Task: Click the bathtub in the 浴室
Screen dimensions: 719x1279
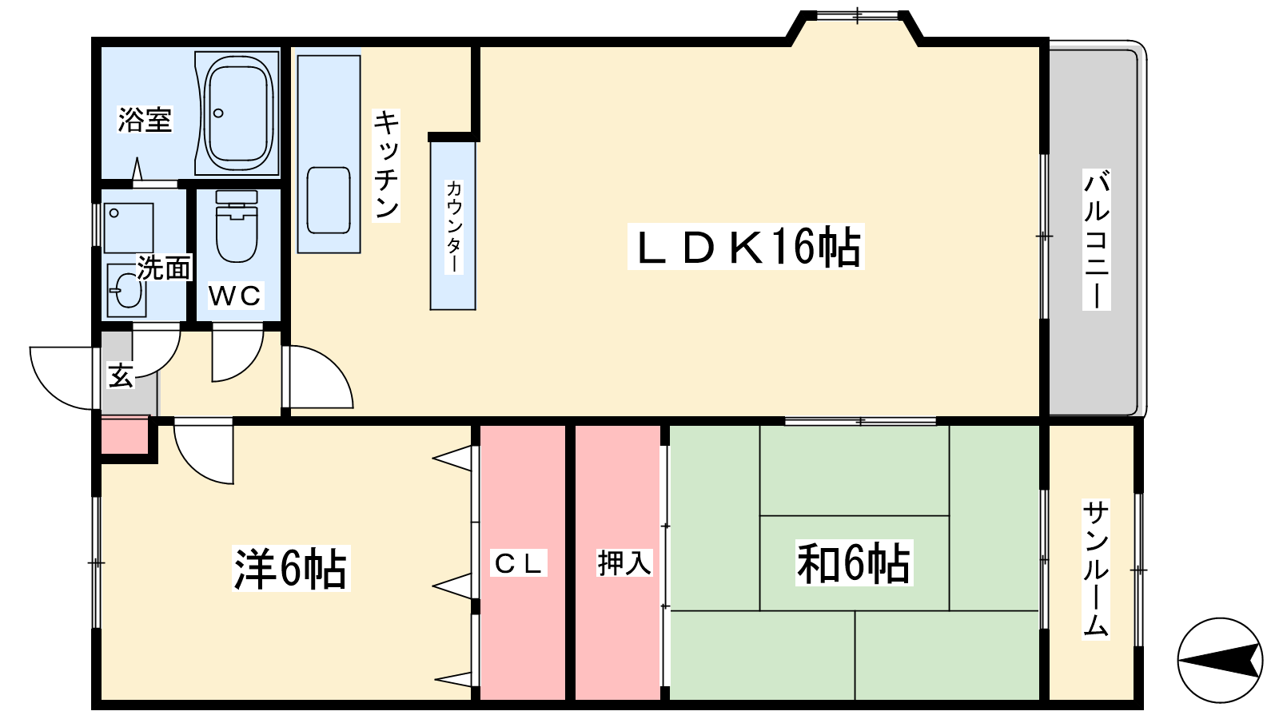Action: click(238, 112)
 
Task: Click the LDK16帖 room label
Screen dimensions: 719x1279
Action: click(747, 247)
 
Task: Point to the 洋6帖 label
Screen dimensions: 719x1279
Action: click(290, 569)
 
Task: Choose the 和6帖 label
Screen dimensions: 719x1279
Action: click(854, 563)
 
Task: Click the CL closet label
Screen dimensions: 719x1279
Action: click(519, 564)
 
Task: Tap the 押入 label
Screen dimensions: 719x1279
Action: click(624, 563)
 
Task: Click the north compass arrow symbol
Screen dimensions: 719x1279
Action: click(1220, 660)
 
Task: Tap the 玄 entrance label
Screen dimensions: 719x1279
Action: click(121, 375)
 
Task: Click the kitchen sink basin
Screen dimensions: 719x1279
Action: click(329, 200)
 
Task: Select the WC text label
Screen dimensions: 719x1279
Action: click(235, 296)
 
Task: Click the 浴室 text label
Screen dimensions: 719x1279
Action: click(145, 120)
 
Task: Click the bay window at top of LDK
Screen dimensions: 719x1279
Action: click(855, 16)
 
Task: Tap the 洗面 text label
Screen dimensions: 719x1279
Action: click(164, 268)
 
